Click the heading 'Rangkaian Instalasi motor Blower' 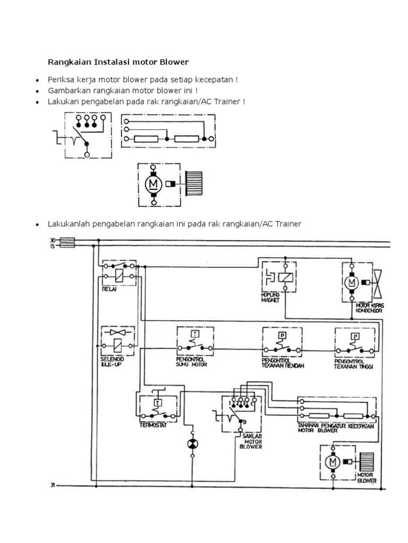pos(118,62)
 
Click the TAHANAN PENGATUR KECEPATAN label pos(336,426)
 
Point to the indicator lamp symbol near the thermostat pos(192,444)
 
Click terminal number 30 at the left pos(53,240)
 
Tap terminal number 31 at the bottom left pos(53,485)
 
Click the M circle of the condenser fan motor pos(351,283)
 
